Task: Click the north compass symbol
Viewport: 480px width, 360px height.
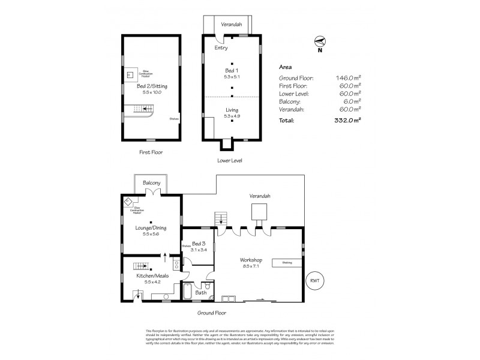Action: coord(320,42)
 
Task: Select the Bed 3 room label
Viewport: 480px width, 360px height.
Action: coord(199,244)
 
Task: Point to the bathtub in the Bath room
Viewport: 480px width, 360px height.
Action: coord(186,293)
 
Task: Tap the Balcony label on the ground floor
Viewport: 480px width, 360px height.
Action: coord(151,182)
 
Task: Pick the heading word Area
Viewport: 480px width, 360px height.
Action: coord(286,67)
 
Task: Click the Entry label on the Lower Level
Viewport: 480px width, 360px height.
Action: coord(221,48)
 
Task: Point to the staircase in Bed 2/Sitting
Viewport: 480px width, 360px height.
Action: coord(143,109)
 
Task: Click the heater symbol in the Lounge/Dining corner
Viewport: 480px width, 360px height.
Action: coord(128,202)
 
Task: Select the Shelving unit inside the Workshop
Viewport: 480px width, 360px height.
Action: coord(287,262)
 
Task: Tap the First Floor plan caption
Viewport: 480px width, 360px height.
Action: coord(150,152)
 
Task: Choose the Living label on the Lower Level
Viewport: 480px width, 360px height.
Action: coord(232,110)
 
